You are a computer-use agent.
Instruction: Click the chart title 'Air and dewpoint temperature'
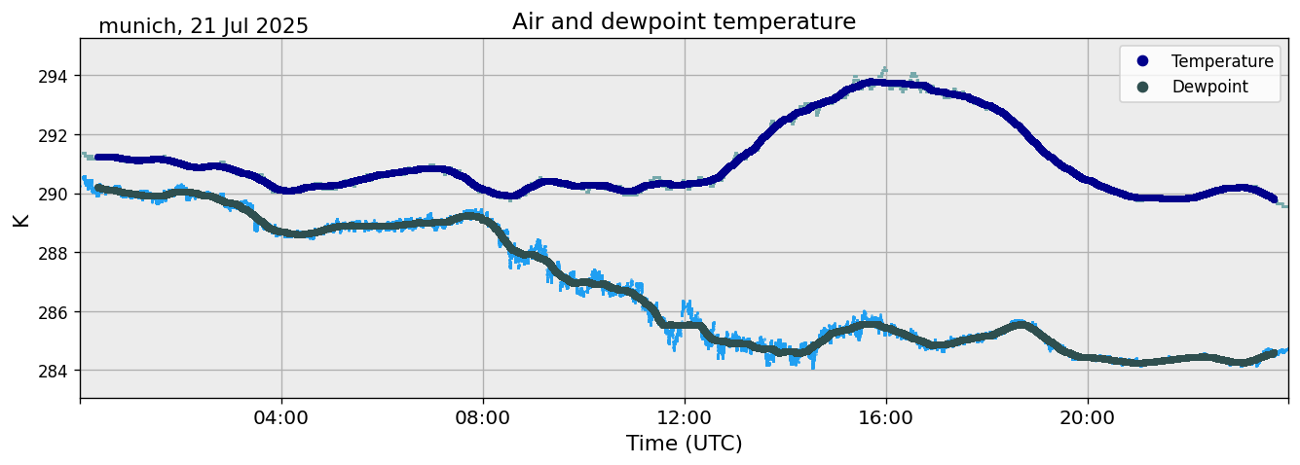pos(684,21)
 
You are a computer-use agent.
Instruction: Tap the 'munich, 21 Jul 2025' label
pos(204,26)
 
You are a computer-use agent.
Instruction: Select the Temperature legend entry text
pos(1221,61)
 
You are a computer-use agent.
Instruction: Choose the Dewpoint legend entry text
pos(1208,87)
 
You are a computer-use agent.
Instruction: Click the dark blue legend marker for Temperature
pos(1142,61)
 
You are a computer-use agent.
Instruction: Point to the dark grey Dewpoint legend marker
pos(1142,87)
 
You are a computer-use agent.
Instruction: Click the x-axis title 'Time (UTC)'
pos(684,444)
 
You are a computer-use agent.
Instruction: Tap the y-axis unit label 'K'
pos(20,219)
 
